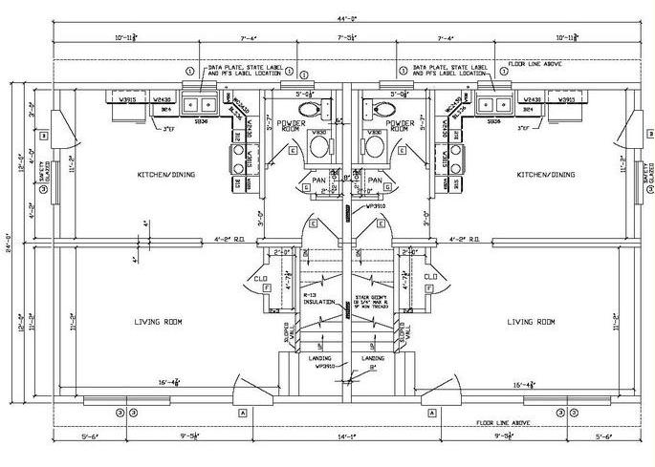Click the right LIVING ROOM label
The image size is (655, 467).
point(531,322)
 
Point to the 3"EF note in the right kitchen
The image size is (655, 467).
point(524,127)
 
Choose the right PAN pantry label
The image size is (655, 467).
point(375,179)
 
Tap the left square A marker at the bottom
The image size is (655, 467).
point(242,412)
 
